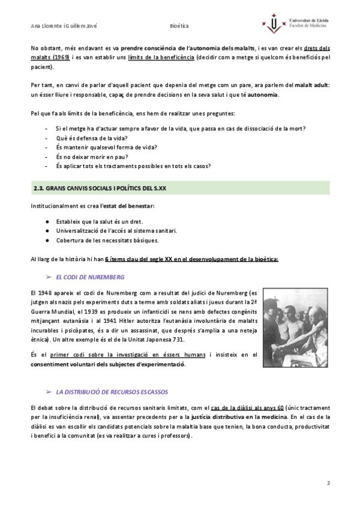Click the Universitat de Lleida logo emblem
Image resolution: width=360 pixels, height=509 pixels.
coord(275,25)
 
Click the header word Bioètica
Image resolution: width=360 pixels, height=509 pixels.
coord(179,26)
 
